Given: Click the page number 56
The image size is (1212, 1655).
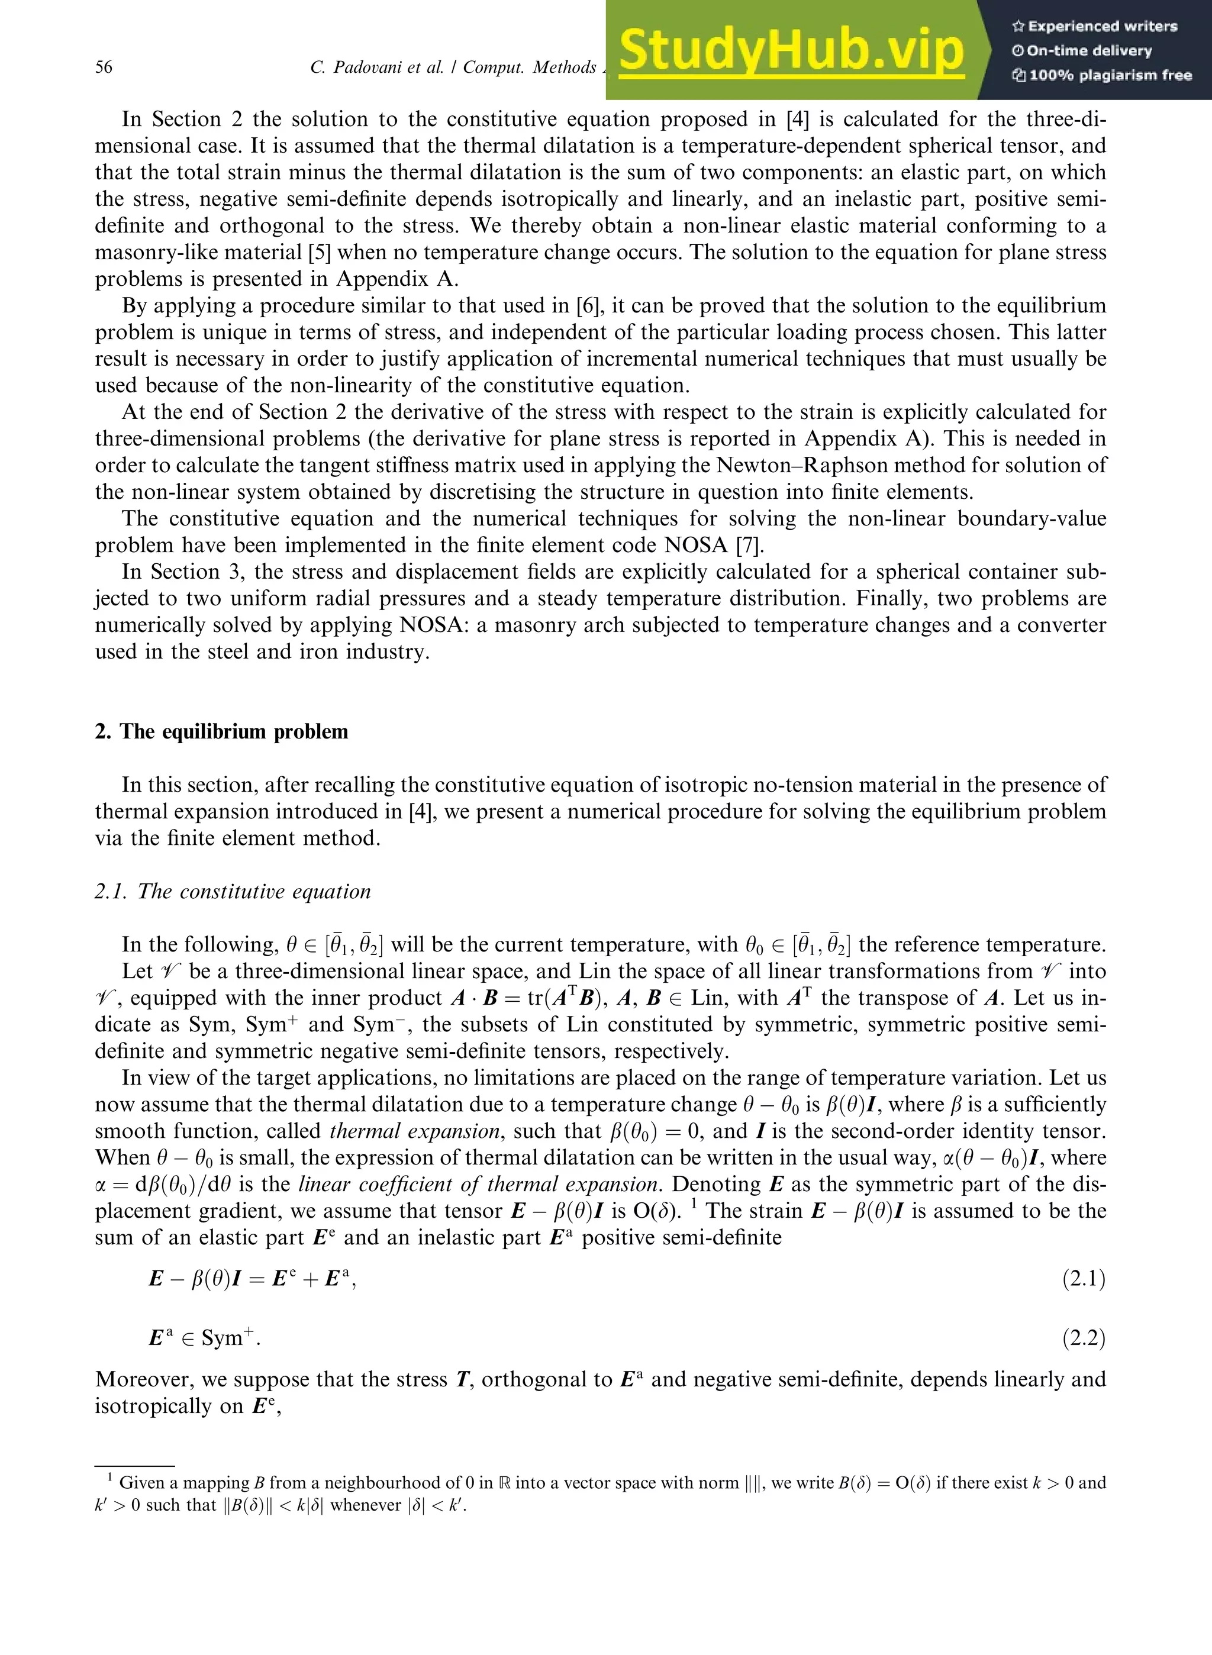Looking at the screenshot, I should [104, 67].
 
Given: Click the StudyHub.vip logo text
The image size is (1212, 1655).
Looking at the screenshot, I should [791, 50].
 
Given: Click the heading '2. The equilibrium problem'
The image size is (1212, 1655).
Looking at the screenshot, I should [221, 731].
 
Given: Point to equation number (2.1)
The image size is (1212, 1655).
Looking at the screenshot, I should [1083, 1279].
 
